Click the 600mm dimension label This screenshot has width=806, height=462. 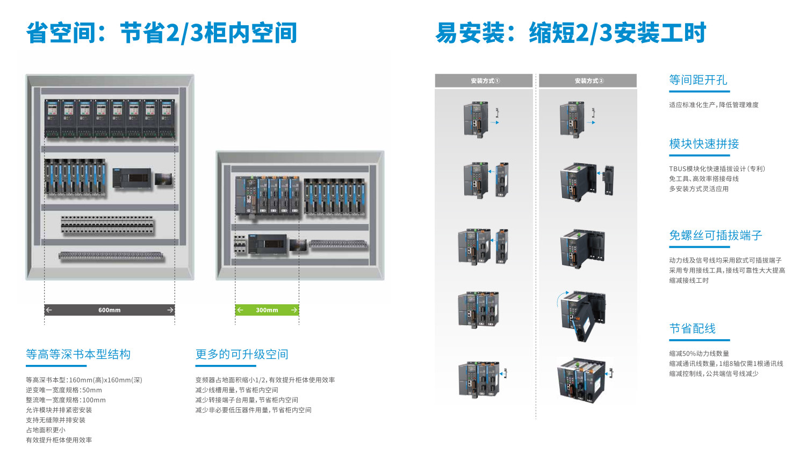pos(110,310)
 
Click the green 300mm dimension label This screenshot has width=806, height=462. pos(267,310)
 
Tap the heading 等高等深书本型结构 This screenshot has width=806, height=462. pos(78,354)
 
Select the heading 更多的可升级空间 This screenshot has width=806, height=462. pos(242,354)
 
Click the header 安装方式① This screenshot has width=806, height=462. pos(485,81)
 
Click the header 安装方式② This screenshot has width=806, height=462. pos(589,81)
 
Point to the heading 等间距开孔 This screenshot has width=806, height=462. pos(698,80)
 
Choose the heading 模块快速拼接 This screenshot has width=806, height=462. pos(704,144)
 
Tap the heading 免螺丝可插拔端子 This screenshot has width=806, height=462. pos(716,236)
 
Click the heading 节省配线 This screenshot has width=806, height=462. pos(693,328)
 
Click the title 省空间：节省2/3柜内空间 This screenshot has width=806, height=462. pos(162,33)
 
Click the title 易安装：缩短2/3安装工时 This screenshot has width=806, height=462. pos(571,33)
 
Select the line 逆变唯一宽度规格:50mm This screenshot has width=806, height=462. pos(64,390)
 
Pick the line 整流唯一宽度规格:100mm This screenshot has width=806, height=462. pos(66,400)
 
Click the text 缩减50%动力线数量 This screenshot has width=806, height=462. pos(699,354)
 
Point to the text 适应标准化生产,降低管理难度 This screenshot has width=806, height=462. pos(714,105)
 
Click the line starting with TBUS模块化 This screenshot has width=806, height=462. pos(717,169)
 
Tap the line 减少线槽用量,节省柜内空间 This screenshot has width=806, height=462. pos(236,390)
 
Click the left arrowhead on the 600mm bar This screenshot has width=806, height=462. pos(49,310)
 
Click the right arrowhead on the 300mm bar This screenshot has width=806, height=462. pos(294,310)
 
